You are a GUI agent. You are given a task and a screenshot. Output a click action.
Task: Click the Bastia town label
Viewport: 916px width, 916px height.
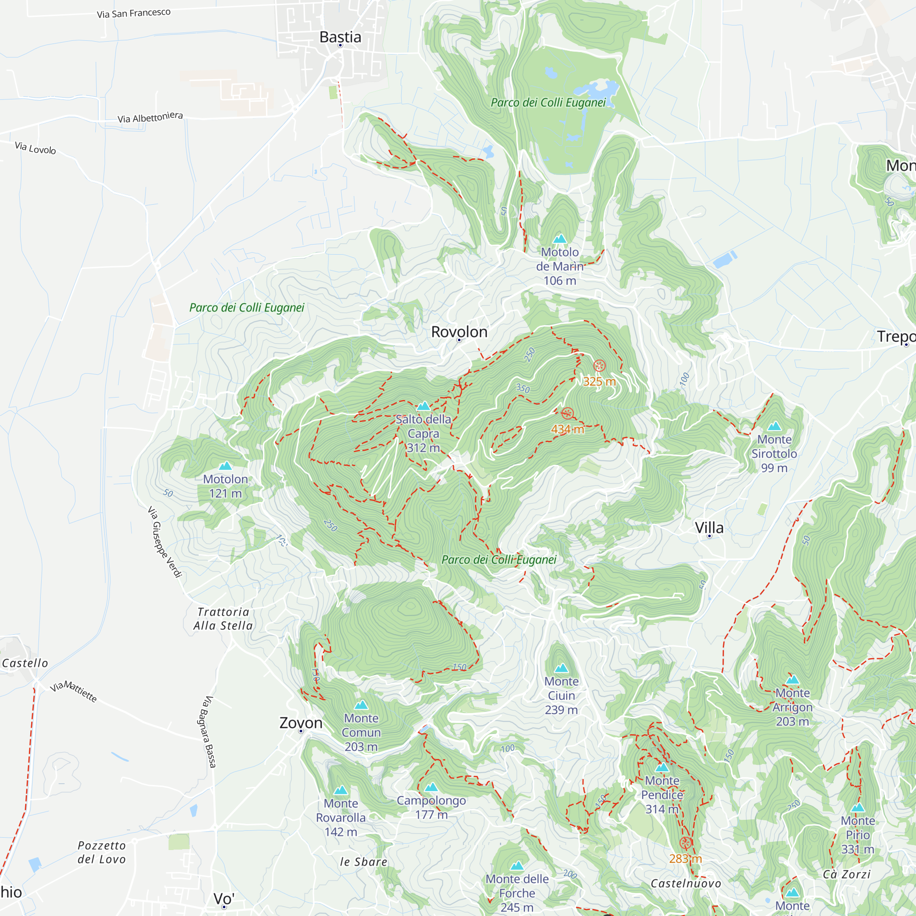[x=340, y=37]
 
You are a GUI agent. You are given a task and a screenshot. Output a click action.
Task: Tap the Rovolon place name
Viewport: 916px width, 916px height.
[x=459, y=332]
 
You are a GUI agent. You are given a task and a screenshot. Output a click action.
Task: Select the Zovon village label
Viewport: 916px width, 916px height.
[x=300, y=723]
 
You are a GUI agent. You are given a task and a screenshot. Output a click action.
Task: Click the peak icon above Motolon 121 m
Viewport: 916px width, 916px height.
[x=225, y=466]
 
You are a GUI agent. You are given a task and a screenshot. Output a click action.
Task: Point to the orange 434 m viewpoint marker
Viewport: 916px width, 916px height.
[x=567, y=413]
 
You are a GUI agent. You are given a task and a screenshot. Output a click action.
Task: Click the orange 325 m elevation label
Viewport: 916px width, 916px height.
[x=599, y=381]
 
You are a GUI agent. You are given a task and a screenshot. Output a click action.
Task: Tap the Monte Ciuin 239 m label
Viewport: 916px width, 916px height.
[x=562, y=696]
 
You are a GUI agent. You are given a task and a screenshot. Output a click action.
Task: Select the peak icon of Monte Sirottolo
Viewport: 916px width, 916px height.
[x=774, y=426]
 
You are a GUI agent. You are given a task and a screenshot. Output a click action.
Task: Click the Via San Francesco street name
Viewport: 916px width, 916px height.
[x=134, y=13]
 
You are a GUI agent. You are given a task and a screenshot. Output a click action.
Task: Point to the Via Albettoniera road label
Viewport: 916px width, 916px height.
[x=150, y=117]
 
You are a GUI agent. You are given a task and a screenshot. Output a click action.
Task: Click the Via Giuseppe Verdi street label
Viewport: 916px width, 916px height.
[x=164, y=542]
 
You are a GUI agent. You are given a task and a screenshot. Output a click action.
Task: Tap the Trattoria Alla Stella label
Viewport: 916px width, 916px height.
[x=223, y=619]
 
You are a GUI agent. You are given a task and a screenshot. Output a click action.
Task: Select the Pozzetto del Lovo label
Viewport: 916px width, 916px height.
[x=102, y=852]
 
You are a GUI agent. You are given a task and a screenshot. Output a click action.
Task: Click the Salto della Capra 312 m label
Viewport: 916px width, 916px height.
[x=423, y=433]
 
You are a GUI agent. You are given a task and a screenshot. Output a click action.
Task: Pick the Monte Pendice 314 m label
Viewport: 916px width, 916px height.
[x=662, y=795]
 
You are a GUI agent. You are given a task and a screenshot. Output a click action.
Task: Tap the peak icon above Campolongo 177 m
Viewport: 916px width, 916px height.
[x=431, y=787]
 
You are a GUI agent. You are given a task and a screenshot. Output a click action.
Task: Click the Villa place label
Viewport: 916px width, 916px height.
[x=709, y=528]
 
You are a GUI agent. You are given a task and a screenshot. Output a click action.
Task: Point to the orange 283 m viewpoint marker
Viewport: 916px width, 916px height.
[x=685, y=843]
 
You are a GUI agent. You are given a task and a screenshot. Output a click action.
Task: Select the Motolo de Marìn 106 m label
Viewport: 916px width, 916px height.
[x=560, y=266]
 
